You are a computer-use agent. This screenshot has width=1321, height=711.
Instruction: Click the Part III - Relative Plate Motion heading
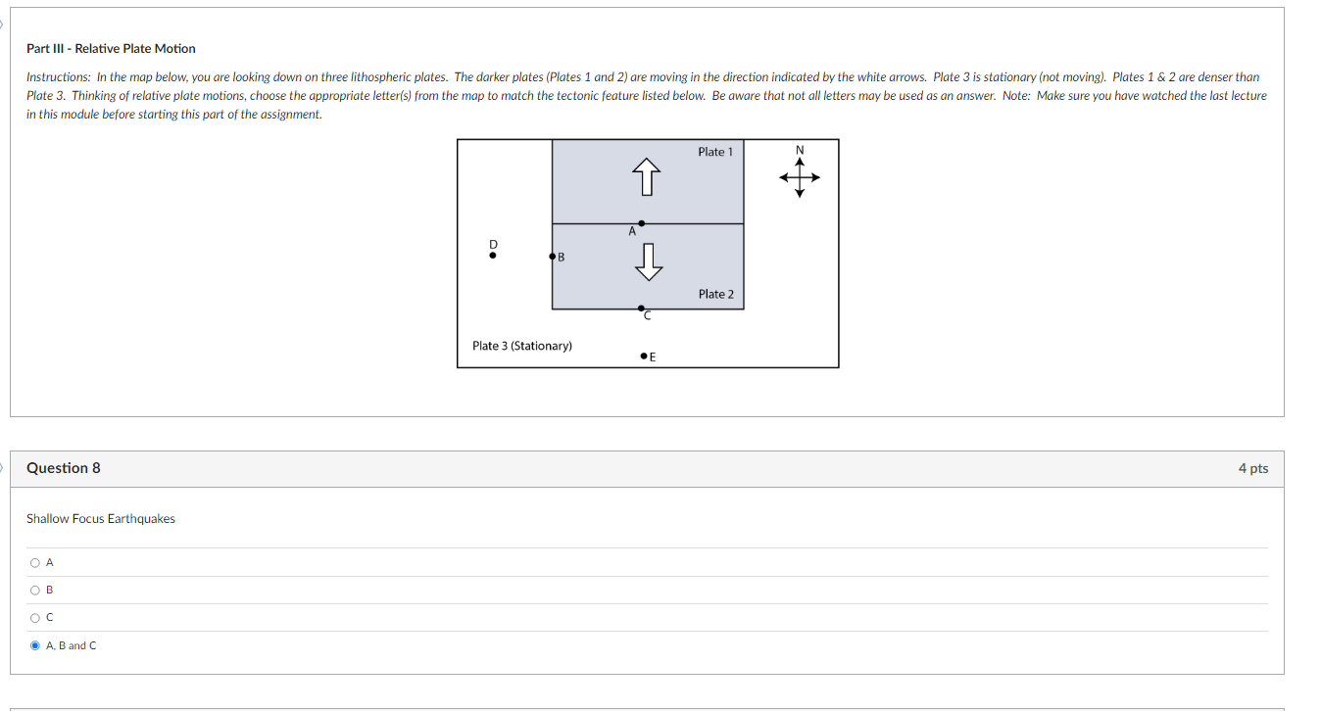tap(111, 48)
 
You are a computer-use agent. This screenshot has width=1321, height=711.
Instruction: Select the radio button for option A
tap(35, 562)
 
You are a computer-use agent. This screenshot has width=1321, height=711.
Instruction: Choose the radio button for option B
tap(35, 590)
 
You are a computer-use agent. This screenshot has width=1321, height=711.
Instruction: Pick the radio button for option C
tap(35, 617)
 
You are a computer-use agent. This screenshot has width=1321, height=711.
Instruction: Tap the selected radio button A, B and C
tap(35, 645)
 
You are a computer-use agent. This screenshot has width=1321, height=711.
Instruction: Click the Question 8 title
tap(64, 468)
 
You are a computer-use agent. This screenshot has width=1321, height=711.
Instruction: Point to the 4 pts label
tap(1252, 468)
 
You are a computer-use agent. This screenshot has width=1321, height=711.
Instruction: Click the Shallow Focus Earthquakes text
tap(101, 519)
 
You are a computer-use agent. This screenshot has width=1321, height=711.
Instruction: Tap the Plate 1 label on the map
tap(714, 152)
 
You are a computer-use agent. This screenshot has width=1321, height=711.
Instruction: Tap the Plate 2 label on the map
tap(715, 294)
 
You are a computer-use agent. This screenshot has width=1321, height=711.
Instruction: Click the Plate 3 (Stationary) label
tap(522, 346)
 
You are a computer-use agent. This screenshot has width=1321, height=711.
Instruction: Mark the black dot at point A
tap(641, 223)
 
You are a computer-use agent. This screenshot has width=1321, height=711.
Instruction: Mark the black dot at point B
tap(553, 257)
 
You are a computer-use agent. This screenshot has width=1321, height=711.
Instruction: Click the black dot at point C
tap(641, 308)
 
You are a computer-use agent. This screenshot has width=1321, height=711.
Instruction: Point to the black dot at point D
tap(493, 256)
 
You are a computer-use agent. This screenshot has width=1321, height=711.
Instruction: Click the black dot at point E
tap(642, 356)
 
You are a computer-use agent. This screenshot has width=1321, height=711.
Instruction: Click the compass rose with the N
tap(800, 176)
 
